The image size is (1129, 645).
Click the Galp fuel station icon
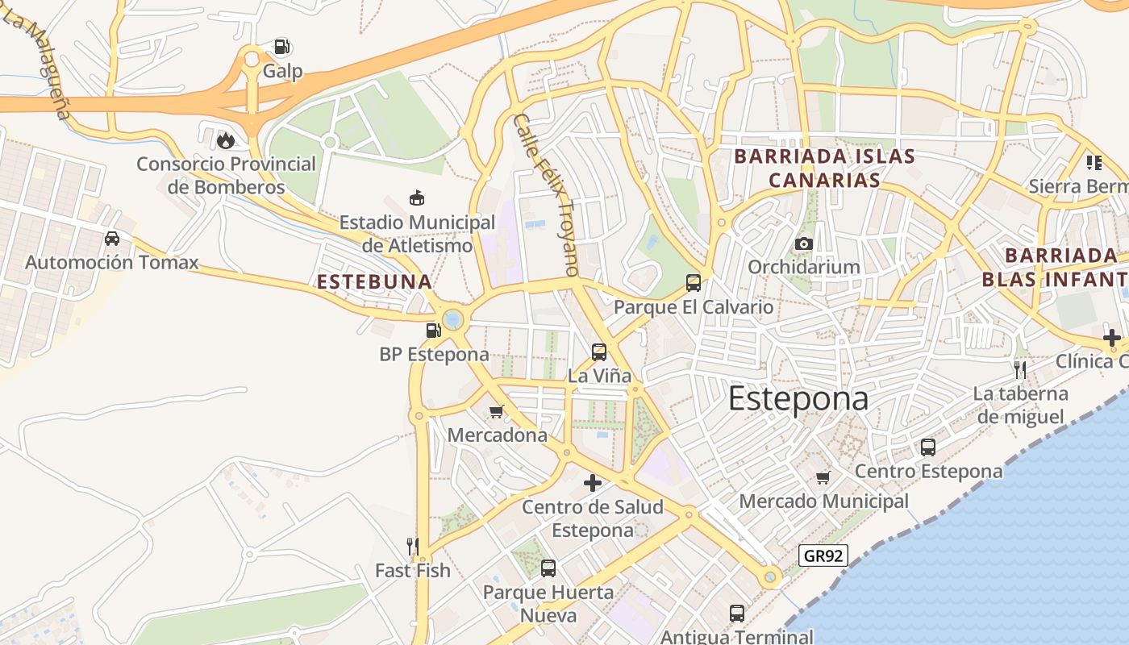[x=281, y=47]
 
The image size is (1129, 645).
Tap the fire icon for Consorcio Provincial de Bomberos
[x=226, y=140]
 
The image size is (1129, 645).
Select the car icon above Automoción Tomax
[x=112, y=239]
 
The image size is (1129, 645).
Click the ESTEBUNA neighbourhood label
[x=375, y=282]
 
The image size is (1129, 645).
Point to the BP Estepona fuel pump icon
[x=434, y=331]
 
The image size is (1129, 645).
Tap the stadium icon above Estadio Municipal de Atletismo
[x=417, y=198]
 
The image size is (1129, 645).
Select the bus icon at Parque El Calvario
[x=694, y=283]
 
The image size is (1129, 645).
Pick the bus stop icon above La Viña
[x=599, y=352]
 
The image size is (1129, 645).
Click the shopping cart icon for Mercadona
[x=497, y=411]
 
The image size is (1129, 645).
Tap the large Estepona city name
[x=798, y=399]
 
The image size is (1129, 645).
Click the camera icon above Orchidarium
[x=803, y=243]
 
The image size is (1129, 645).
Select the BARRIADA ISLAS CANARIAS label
[x=824, y=168]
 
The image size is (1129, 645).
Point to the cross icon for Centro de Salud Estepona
[x=593, y=483]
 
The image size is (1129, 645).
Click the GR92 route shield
[x=823, y=555]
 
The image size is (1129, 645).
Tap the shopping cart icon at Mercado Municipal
[x=823, y=477]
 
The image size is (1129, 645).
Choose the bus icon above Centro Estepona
[x=928, y=447]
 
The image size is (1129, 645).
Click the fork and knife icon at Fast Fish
[x=413, y=547]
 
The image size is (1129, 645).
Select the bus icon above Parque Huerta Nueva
[x=548, y=568]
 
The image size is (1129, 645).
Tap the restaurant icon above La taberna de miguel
[x=1020, y=370]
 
